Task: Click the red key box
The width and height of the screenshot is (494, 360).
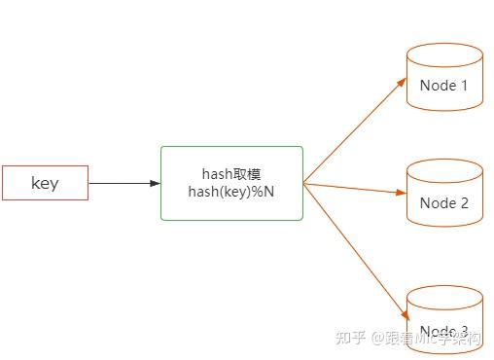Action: click(x=45, y=183)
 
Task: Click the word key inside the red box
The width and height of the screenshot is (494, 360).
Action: click(x=45, y=183)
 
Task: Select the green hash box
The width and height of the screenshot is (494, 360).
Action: click(x=231, y=183)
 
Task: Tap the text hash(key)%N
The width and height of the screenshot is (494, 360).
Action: click(x=231, y=192)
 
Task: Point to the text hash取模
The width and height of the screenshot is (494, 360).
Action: click(x=231, y=174)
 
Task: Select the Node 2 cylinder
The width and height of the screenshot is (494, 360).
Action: click(x=444, y=195)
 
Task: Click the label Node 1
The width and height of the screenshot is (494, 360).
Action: click(x=444, y=86)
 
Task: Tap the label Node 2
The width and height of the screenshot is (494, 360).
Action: click(x=444, y=203)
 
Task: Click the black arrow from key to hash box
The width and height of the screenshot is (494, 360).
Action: click(x=122, y=183)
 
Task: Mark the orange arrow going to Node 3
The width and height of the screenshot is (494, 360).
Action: click(x=355, y=251)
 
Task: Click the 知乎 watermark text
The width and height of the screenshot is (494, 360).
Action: click(x=350, y=338)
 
